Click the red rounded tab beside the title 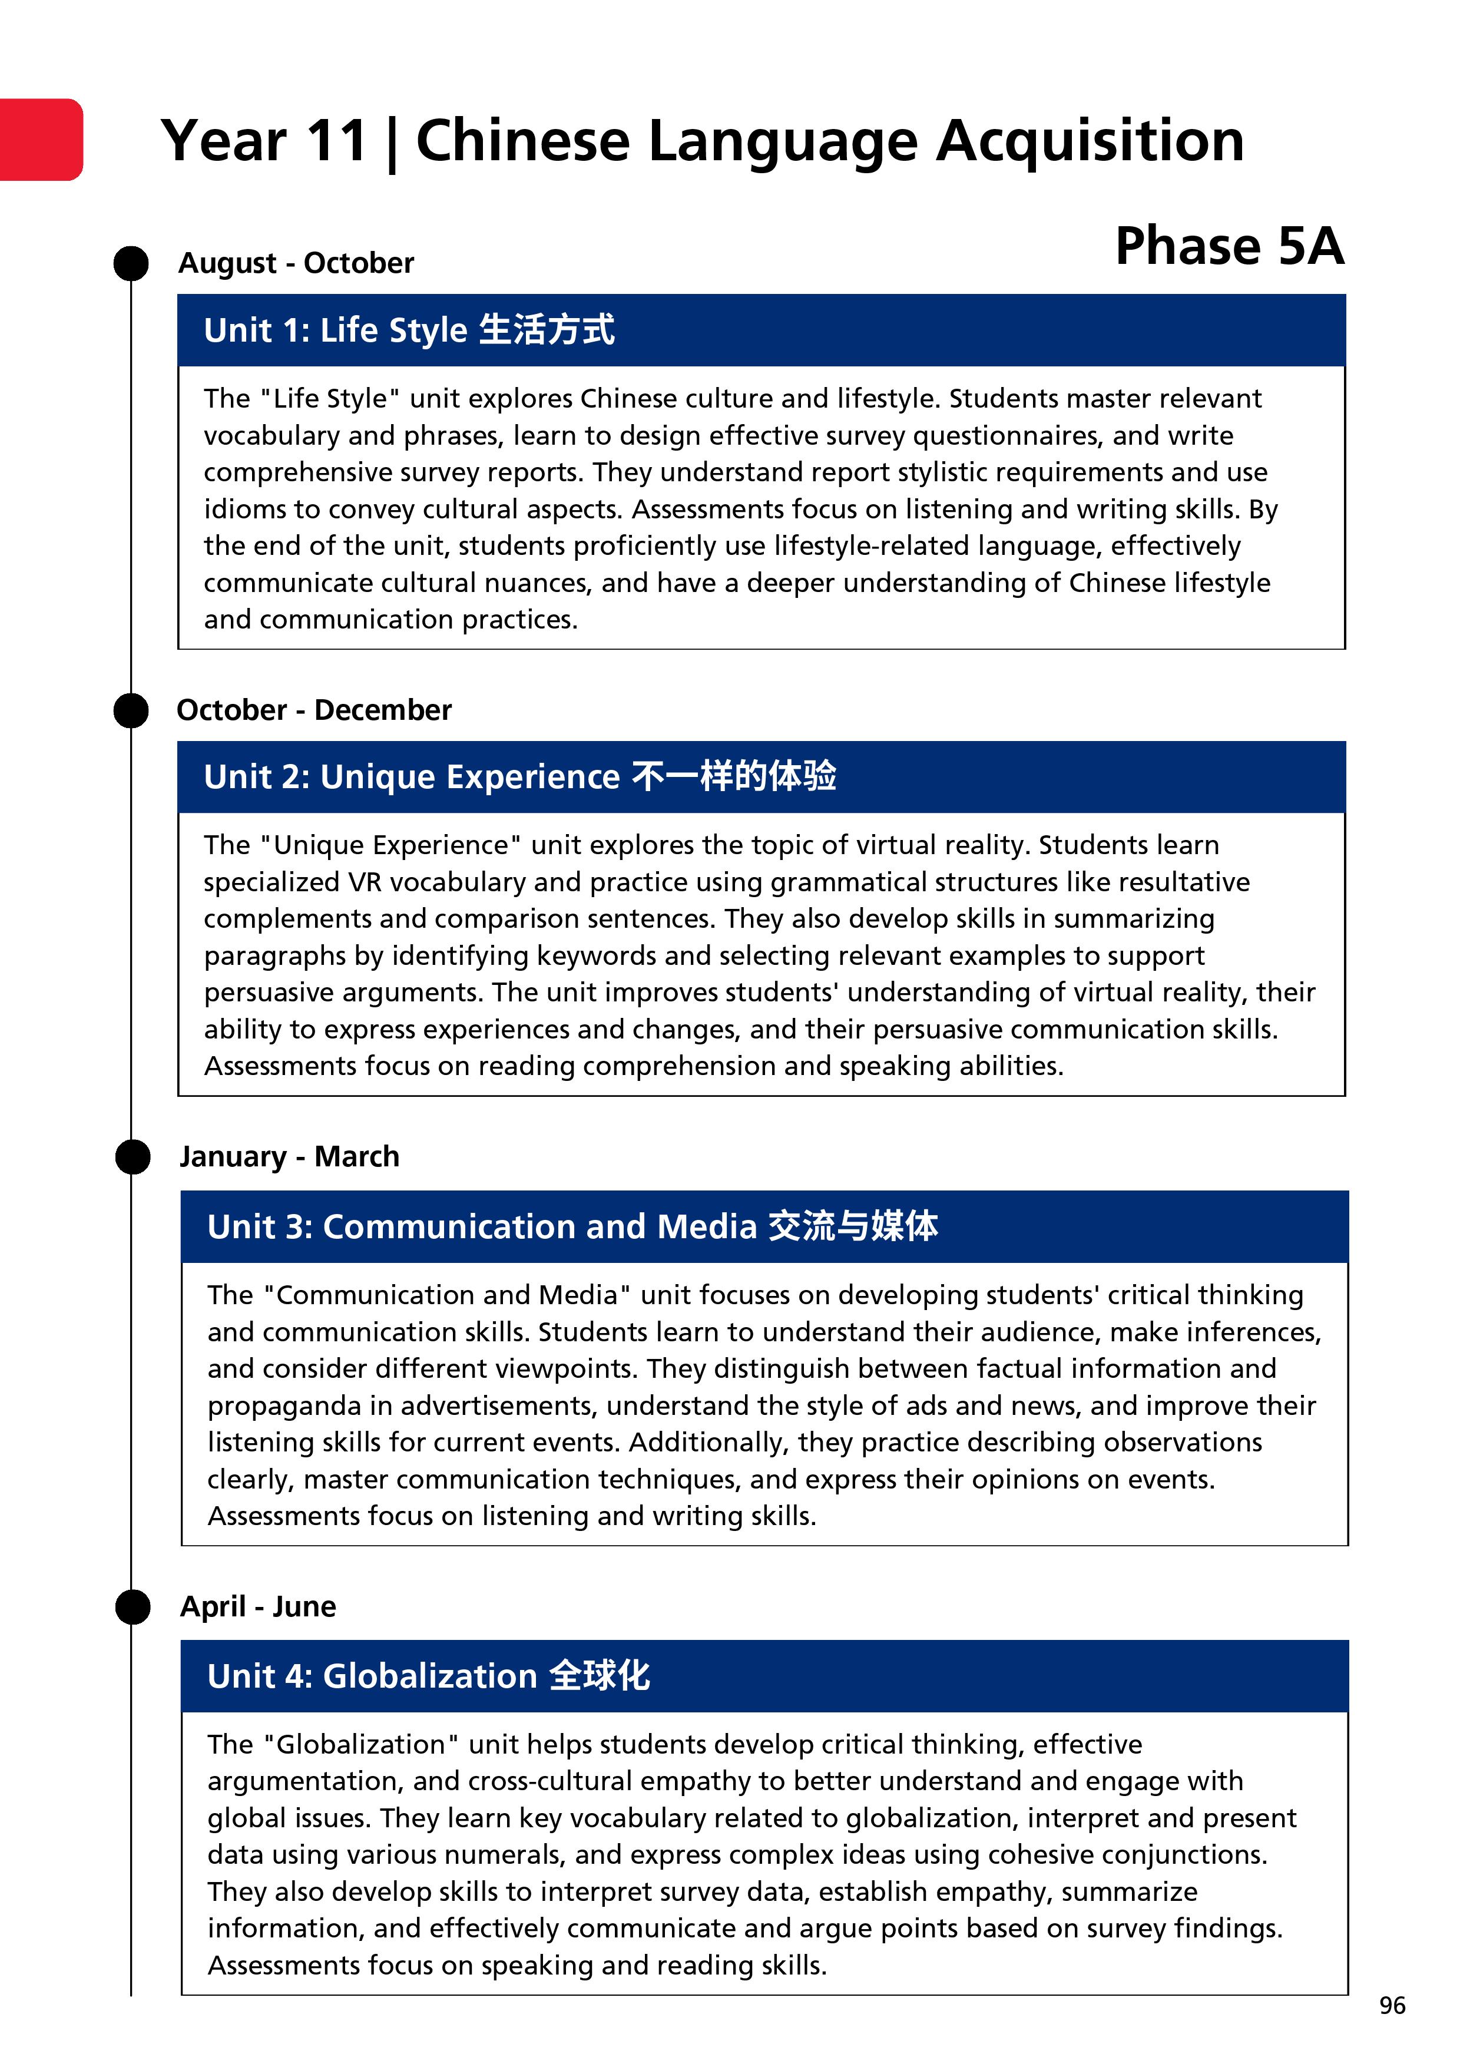click(41, 140)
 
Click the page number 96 click(1392, 2006)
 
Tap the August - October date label click(296, 263)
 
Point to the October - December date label click(314, 710)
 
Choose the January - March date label click(289, 1157)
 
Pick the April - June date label click(259, 1606)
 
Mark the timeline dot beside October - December click(131, 710)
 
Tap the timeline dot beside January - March click(133, 1157)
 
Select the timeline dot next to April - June click(133, 1607)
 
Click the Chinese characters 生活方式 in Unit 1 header click(547, 329)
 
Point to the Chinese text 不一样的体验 click(734, 776)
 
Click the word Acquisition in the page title click(1090, 141)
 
